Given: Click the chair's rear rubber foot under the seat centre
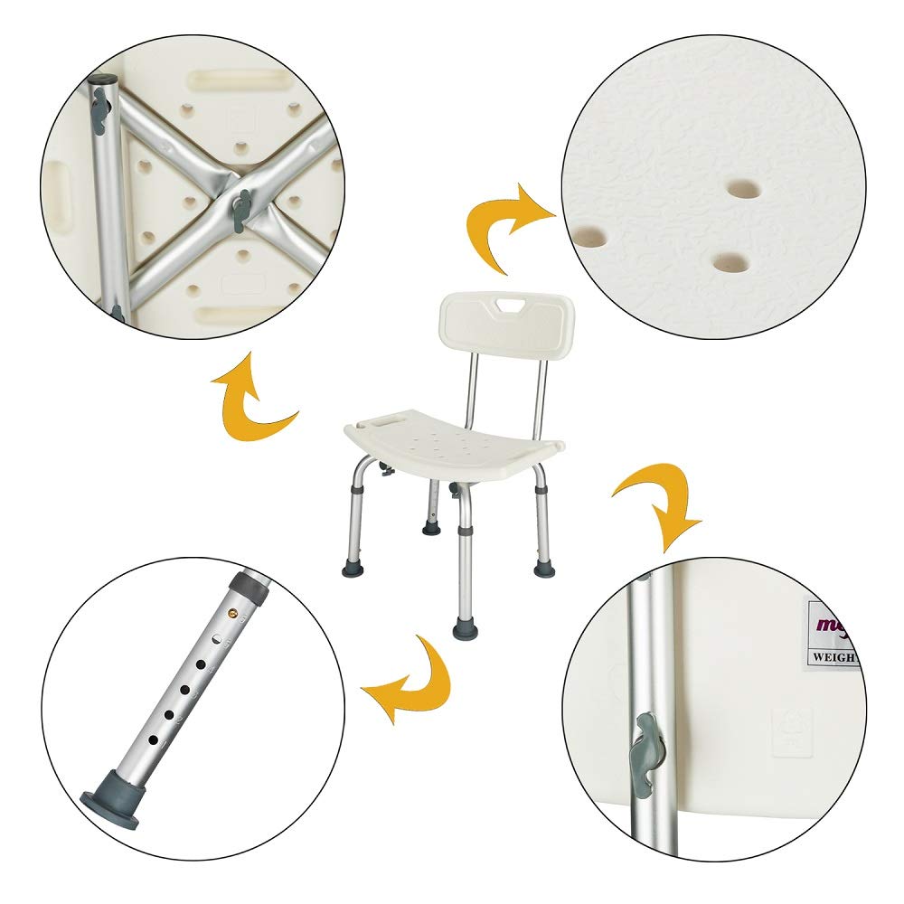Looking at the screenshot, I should (431, 526).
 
